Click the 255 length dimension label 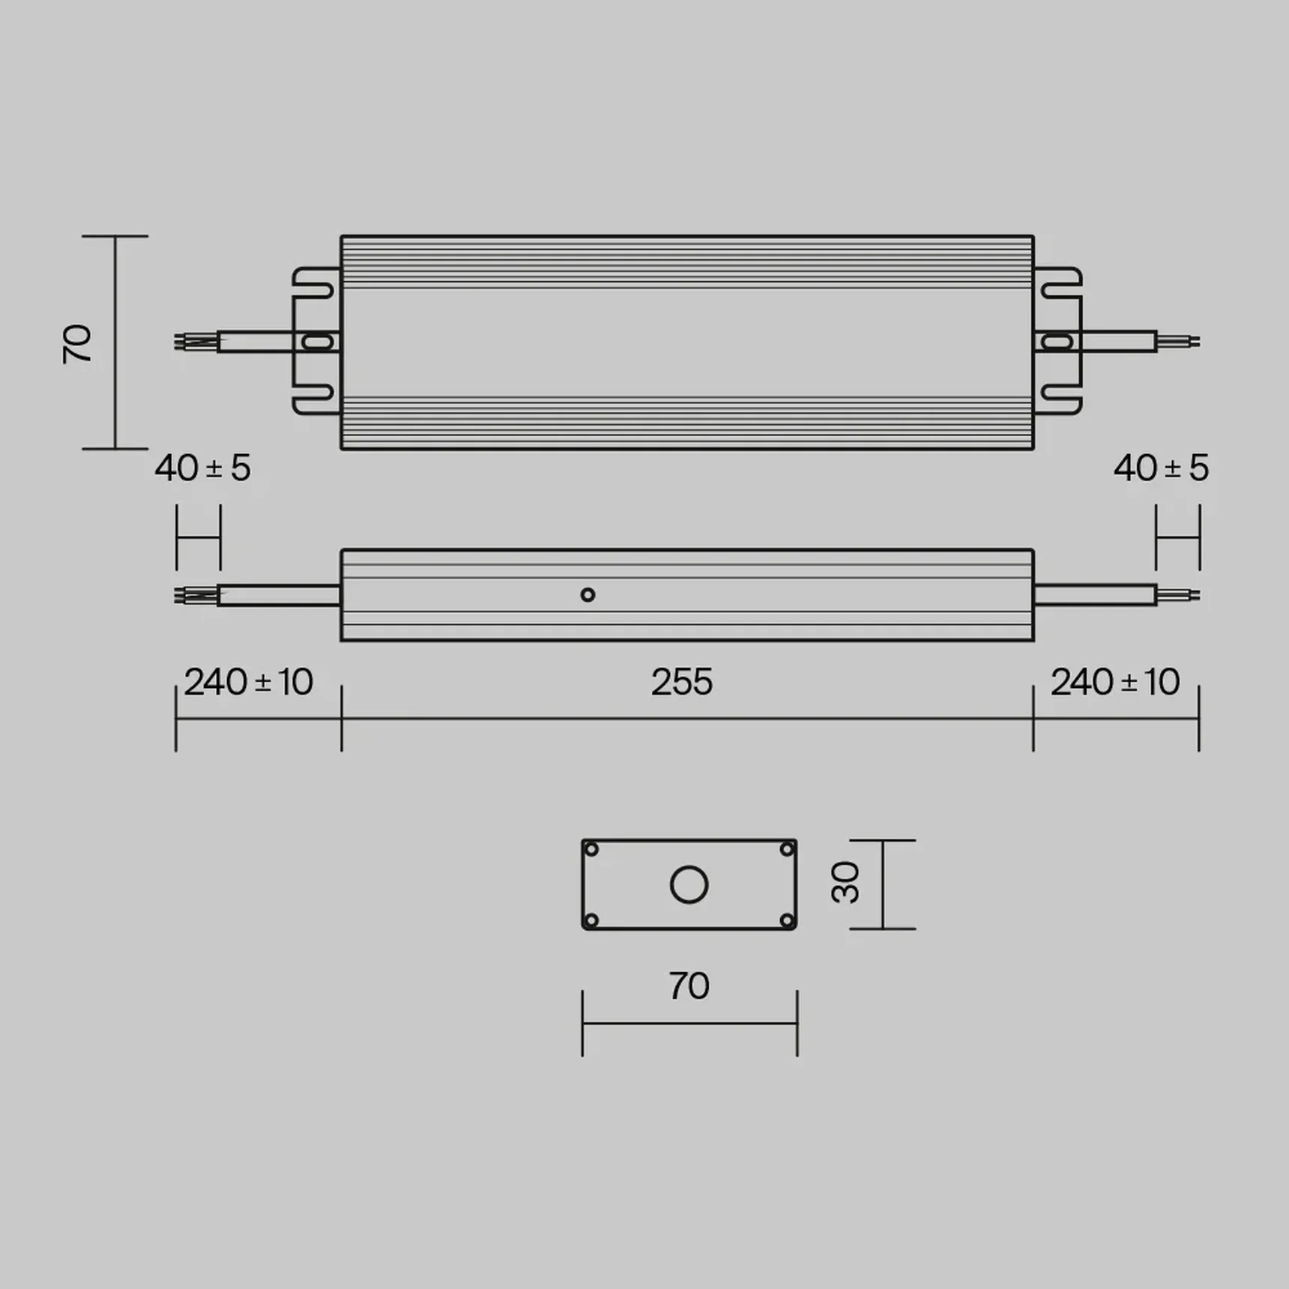tap(681, 682)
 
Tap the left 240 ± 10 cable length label tap(248, 682)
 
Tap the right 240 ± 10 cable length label tap(1114, 682)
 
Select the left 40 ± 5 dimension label tap(202, 468)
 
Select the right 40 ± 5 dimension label tap(1161, 468)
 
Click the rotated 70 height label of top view tap(77, 344)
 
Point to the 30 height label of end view tap(846, 883)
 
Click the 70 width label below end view tap(689, 986)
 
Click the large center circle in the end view tap(689, 885)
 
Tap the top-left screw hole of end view tap(591, 849)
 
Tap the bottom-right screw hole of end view tap(787, 920)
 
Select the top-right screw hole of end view tap(787, 849)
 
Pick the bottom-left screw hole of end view tap(591, 920)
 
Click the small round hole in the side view tap(588, 595)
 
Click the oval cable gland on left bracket tap(317, 342)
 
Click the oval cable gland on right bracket tap(1057, 342)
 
